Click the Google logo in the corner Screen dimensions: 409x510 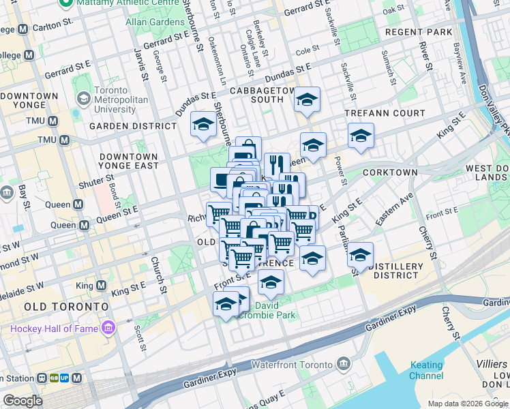tap(22, 401)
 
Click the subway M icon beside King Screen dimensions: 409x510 tap(105, 284)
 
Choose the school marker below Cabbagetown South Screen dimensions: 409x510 tap(307, 100)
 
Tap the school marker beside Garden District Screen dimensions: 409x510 tap(202, 124)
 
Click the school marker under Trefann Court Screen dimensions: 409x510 tap(361, 135)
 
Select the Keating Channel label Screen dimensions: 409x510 tap(426, 370)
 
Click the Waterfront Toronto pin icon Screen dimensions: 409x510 tap(344, 364)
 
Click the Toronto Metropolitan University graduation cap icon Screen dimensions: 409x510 tap(83, 99)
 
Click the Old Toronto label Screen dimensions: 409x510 tap(65, 307)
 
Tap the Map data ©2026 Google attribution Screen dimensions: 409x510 tap(467, 404)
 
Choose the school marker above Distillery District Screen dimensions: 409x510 tap(360, 256)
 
